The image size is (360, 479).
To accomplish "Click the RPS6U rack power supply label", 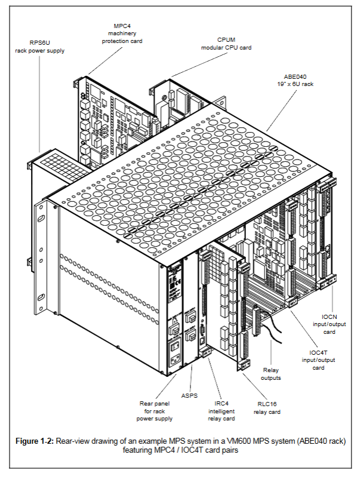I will click(39, 47).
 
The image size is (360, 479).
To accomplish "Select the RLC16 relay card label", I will click(266, 408).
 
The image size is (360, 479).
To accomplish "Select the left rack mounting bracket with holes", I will click(41, 239).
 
